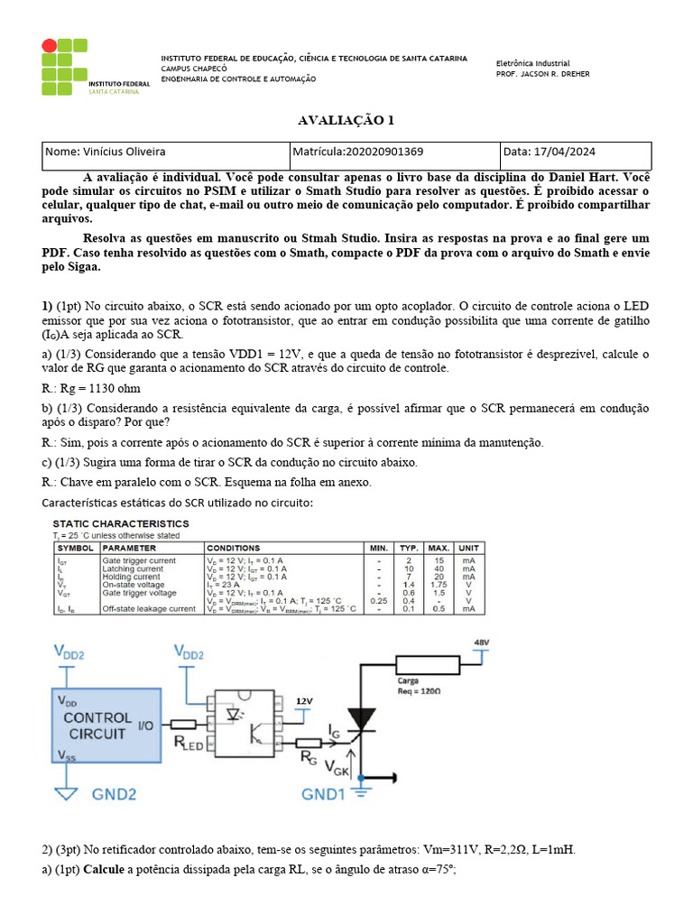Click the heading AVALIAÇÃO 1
(x=346, y=121)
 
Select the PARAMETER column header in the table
(x=129, y=548)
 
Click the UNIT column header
(x=467, y=548)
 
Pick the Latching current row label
(x=133, y=568)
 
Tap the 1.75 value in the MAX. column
(x=439, y=585)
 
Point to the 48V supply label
(x=482, y=642)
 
